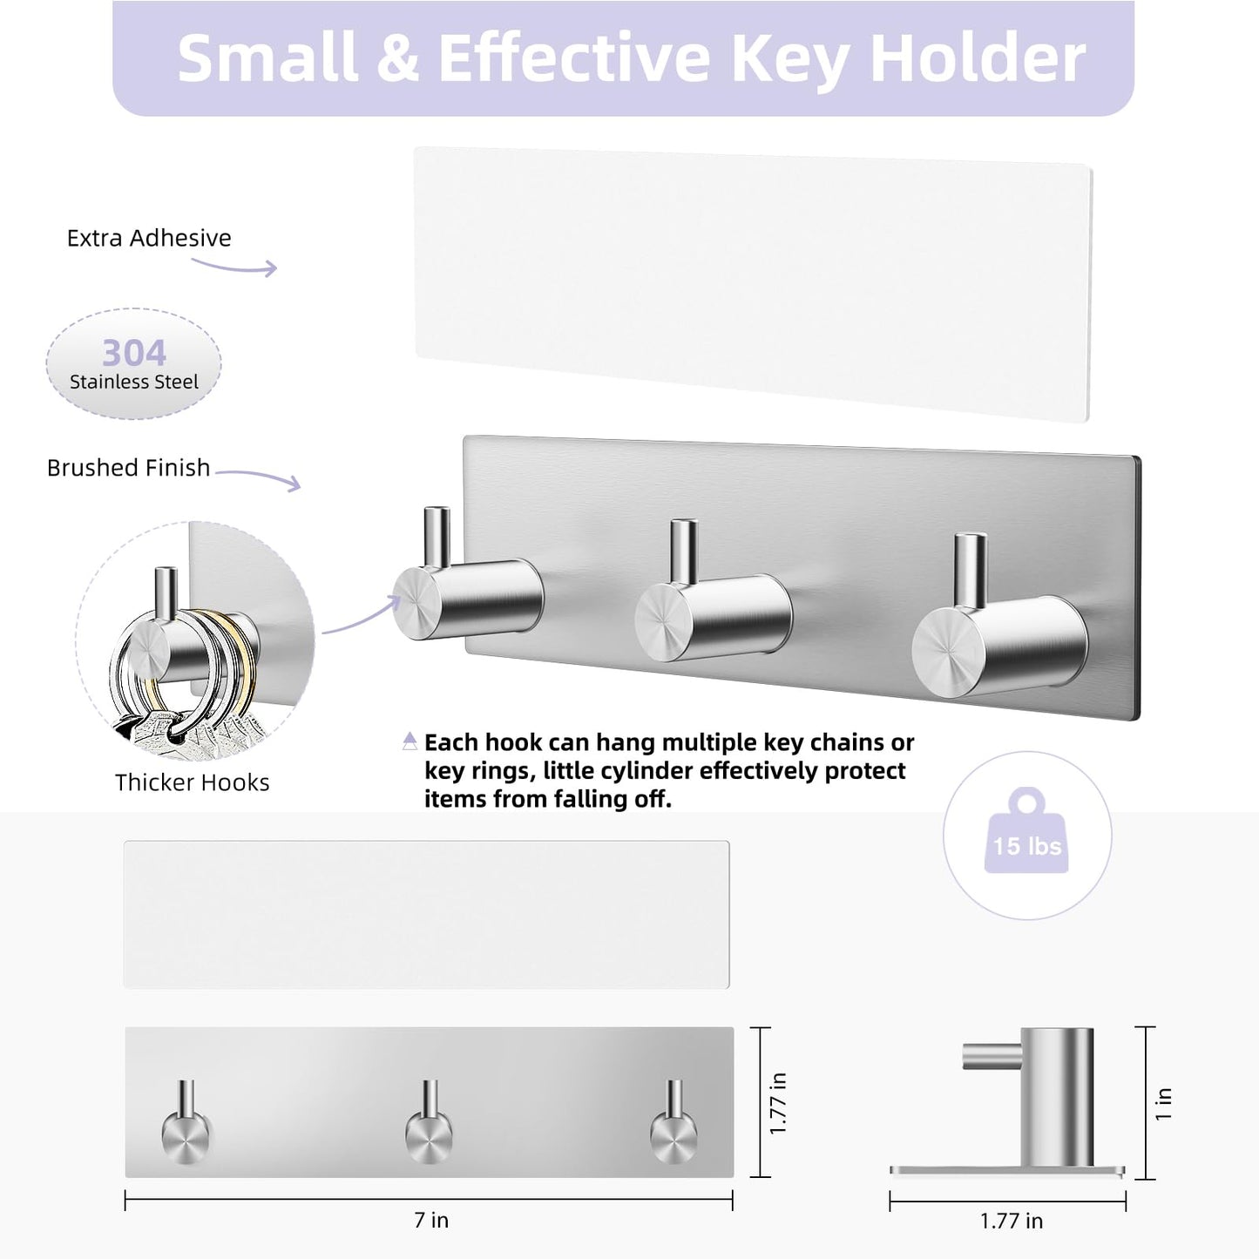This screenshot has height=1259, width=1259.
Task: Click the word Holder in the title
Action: [x=977, y=58]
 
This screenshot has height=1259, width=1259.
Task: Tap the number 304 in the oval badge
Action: [x=133, y=353]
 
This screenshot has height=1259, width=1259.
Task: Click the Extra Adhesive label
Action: [x=149, y=238]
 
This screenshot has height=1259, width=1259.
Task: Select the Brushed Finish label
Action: [x=128, y=468]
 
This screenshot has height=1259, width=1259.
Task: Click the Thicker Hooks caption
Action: [x=192, y=782]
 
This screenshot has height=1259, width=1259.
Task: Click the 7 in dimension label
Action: [x=431, y=1221]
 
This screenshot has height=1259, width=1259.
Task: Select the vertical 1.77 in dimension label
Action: [x=778, y=1103]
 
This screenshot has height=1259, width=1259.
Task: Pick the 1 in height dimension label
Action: [x=1164, y=1103]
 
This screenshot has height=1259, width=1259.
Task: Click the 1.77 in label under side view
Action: [x=1011, y=1221]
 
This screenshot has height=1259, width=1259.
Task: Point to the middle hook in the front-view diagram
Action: [x=429, y=1128]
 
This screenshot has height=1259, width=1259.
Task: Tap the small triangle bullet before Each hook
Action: [x=410, y=741]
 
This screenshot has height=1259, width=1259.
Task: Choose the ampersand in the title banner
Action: [x=397, y=58]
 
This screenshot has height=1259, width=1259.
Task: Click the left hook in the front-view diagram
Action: [x=186, y=1128]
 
